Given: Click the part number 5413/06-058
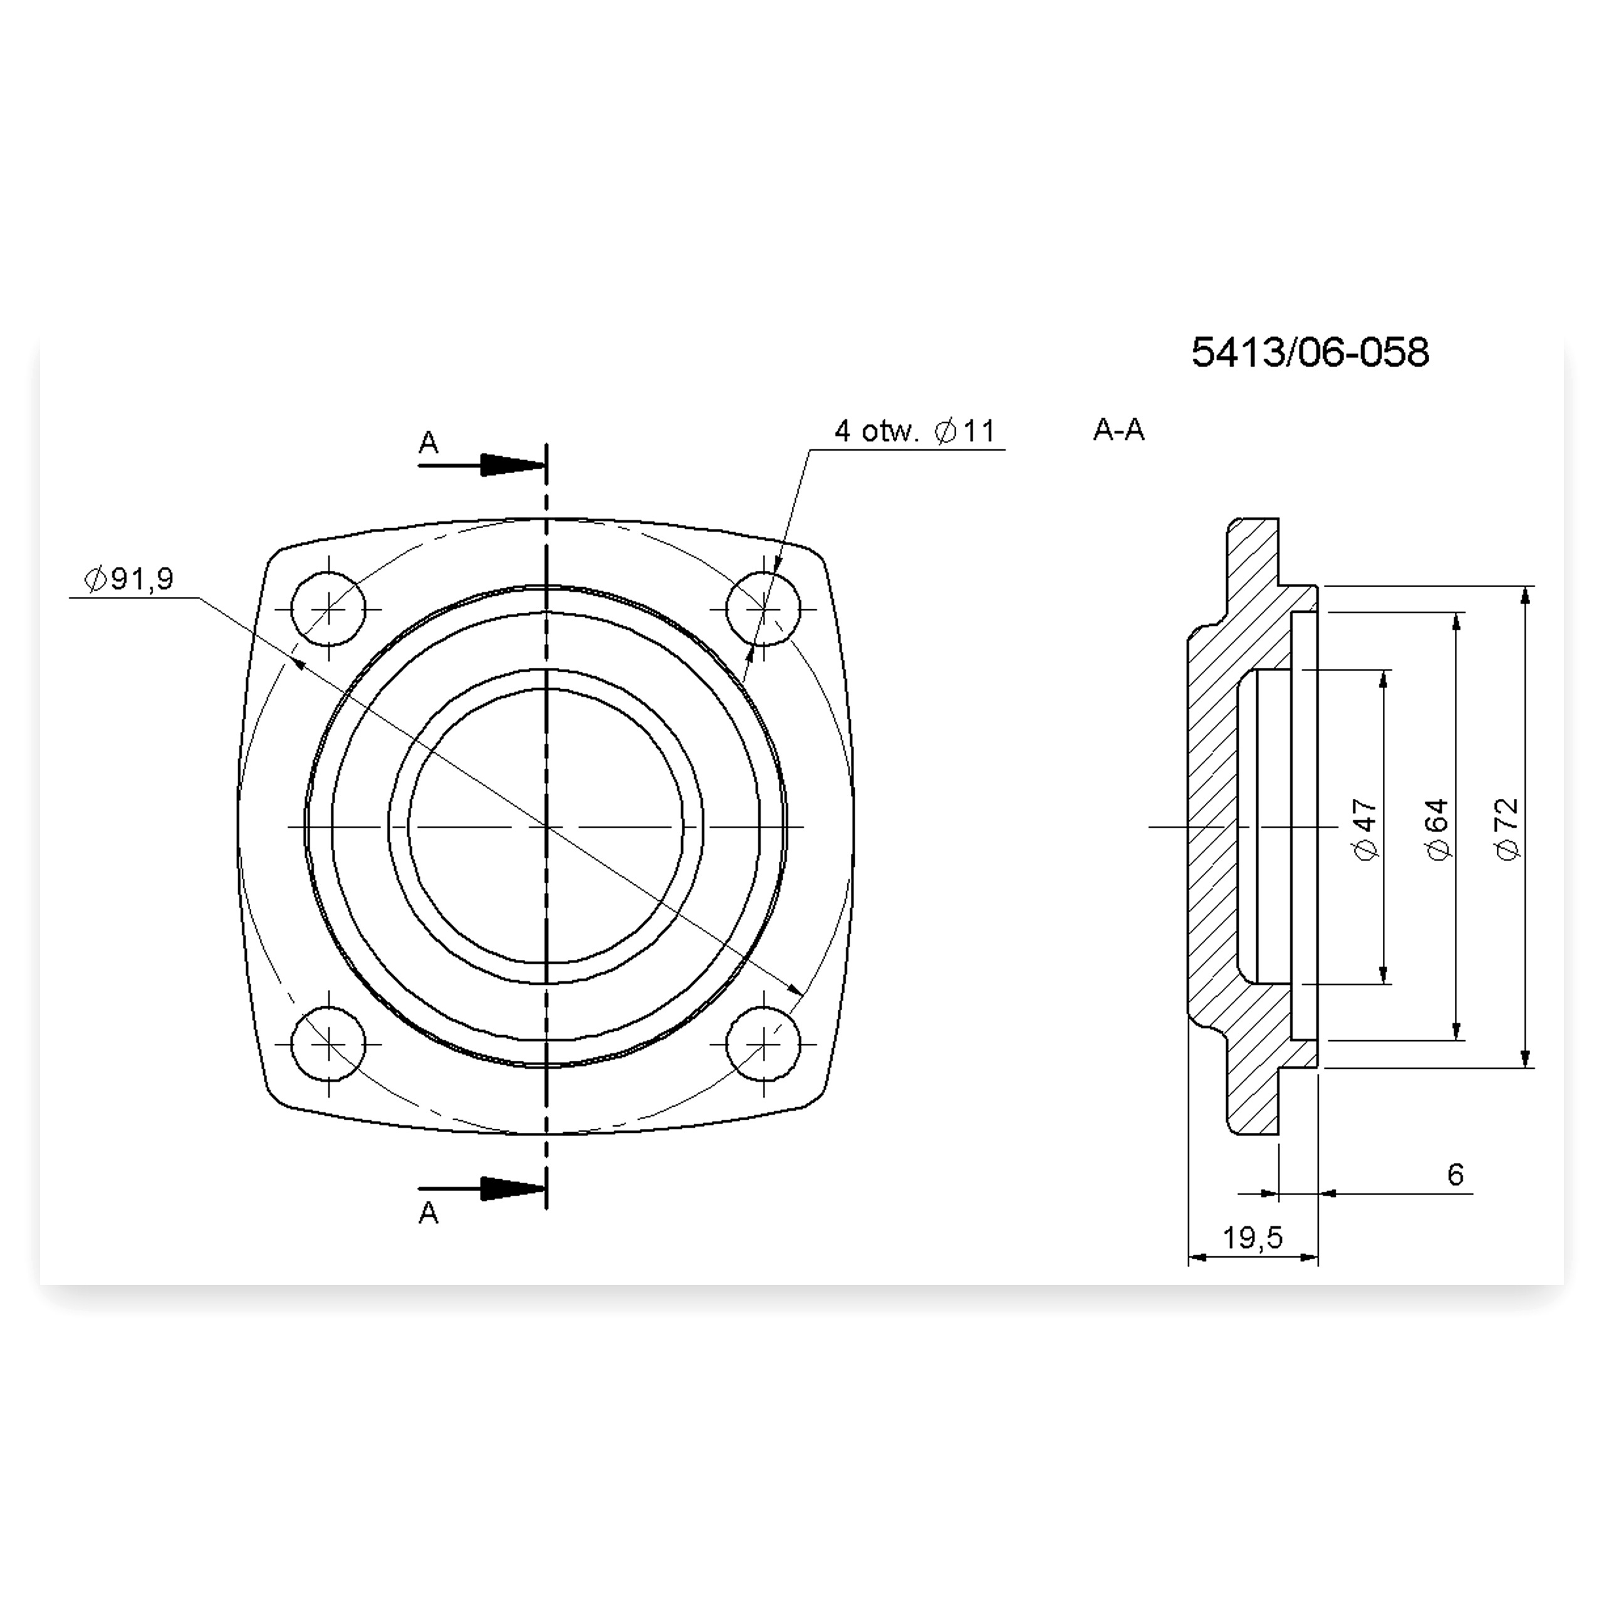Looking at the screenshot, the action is pyautogui.click(x=1310, y=353).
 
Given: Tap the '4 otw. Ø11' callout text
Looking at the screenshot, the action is pyautogui.click(x=915, y=431).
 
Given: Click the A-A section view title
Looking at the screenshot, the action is pyautogui.click(x=1118, y=429).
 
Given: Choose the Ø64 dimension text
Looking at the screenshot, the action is pyautogui.click(x=1438, y=830).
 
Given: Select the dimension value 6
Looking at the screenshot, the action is pyautogui.click(x=1456, y=1174).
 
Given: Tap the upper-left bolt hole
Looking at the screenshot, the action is pyautogui.click(x=329, y=608).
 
